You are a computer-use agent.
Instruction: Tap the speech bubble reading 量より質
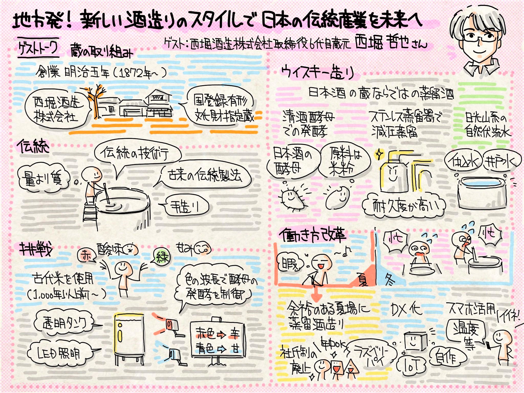click(x=43, y=178)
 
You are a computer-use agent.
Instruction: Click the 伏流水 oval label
click(x=463, y=161)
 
